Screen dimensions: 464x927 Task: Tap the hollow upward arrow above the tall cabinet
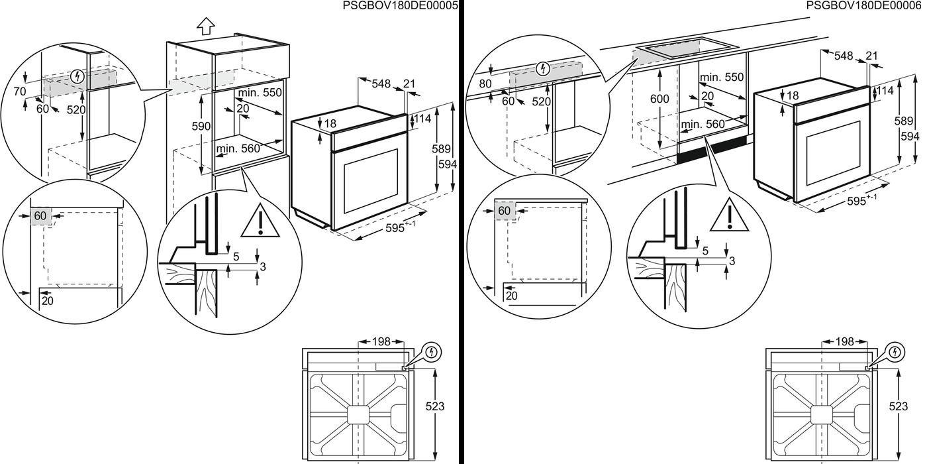(206, 27)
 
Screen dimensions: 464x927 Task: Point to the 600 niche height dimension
(659, 99)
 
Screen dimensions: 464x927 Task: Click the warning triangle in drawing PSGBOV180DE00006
(729, 216)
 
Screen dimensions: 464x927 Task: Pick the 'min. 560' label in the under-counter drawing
(702, 123)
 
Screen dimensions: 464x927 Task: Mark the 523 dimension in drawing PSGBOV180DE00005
(434, 406)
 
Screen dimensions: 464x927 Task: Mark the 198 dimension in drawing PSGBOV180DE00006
(844, 342)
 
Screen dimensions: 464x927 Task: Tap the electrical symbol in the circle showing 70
(78, 76)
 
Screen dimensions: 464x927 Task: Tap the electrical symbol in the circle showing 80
(543, 68)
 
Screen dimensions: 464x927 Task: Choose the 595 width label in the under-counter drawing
(861, 202)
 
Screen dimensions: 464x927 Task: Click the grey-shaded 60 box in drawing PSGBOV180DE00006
(505, 211)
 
